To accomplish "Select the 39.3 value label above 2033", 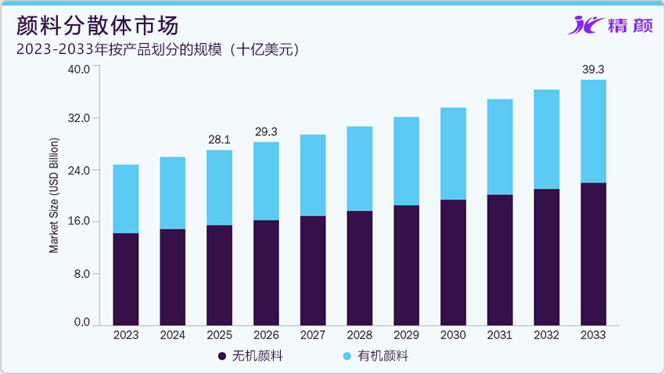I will (x=593, y=70).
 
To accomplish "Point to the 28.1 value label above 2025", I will (x=219, y=139).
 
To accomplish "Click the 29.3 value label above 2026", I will (x=266, y=131).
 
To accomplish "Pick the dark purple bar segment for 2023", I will (x=126, y=279).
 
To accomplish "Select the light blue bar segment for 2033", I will (x=593, y=131).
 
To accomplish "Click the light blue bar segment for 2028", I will (x=359, y=168).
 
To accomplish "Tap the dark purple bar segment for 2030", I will (x=453, y=262).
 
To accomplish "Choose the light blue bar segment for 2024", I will (x=172, y=192).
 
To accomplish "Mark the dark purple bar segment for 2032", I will (x=546, y=257).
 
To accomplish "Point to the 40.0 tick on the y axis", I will (x=81, y=68).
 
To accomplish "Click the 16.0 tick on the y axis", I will (x=81, y=221).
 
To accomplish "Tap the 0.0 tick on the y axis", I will (x=83, y=322).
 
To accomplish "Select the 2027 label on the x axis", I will (x=313, y=335).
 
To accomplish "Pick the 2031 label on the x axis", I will (x=500, y=335).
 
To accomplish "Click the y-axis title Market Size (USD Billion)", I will (x=54, y=196).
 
